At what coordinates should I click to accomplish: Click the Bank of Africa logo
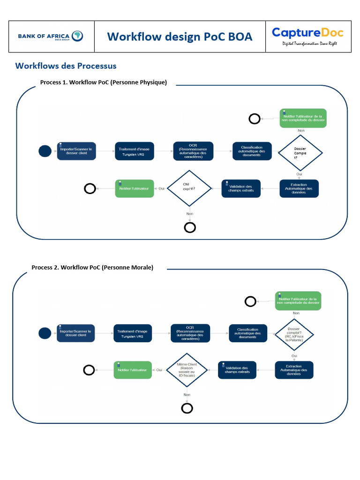point(51,36)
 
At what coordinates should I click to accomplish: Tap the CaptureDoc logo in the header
point(307,36)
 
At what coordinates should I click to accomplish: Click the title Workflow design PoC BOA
point(180,36)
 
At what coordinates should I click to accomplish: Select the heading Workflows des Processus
point(66,66)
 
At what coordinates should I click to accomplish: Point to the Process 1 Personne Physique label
point(104,82)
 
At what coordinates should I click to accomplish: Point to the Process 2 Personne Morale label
point(92,267)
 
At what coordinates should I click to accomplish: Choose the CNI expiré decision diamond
point(189,188)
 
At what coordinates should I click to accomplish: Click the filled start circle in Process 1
point(45,151)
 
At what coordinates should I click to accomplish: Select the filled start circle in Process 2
point(45,333)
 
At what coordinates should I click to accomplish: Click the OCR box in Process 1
point(193,151)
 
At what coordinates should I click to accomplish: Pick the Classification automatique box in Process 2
point(247,333)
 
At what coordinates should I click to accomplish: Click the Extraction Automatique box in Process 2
point(294,369)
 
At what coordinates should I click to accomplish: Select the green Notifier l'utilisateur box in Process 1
point(135,188)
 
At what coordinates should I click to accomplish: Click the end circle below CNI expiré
point(190,228)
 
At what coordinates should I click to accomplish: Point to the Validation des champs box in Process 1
point(240,188)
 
